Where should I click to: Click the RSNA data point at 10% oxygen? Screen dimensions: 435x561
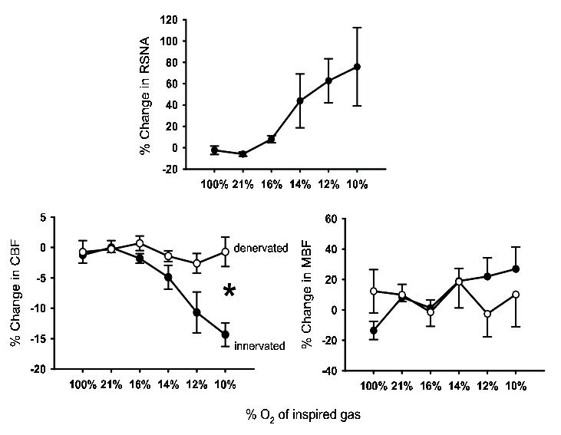357,67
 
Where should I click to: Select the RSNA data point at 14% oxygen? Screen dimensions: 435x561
300,101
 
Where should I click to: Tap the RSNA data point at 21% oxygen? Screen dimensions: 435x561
243,154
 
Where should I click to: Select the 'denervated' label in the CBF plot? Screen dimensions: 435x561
262,248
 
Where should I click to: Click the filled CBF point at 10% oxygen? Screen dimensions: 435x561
226,334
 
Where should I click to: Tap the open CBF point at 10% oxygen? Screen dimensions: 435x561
226,252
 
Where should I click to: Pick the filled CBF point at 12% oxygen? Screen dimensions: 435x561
197,312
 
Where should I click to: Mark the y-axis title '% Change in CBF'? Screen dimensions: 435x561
15,294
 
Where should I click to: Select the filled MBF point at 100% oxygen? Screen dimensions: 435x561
374,331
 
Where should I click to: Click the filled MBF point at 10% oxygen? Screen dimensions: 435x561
516,269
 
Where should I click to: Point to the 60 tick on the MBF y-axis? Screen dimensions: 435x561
331,219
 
